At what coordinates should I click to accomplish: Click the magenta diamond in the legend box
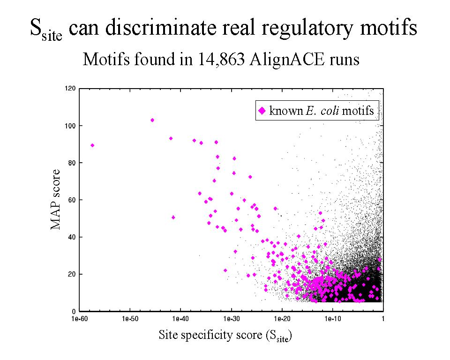(x=262, y=111)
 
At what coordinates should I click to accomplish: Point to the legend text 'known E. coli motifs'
(x=322, y=111)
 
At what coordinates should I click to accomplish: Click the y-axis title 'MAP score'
(x=56, y=200)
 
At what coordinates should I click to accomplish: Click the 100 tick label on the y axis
(x=70, y=126)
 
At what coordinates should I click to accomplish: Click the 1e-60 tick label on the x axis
(x=79, y=319)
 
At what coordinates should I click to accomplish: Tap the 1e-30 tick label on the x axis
(x=231, y=319)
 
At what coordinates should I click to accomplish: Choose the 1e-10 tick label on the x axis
(x=332, y=319)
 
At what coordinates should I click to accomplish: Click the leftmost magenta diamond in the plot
(x=92, y=145)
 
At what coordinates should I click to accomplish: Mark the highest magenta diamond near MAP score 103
(x=152, y=120)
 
